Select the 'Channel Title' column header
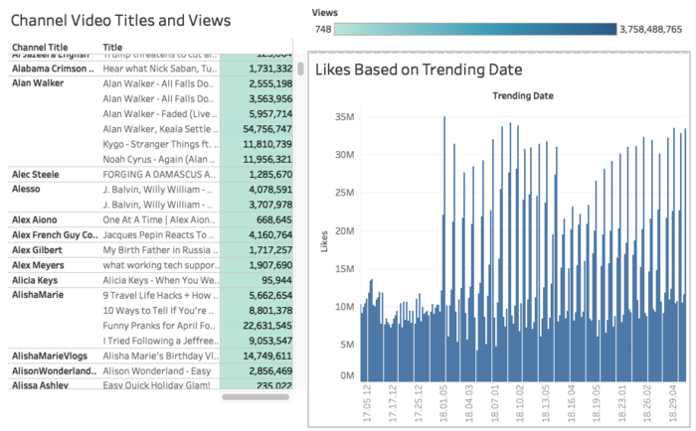click(40, 47)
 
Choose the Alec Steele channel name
click(36, 174)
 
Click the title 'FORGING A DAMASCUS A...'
click(158, 174)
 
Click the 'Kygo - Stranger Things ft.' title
click(158, 144)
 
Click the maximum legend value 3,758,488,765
click(649, 30)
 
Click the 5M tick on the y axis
click(345, 345)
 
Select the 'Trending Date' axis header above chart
click(523, 95)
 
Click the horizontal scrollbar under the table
click(255, 397)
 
